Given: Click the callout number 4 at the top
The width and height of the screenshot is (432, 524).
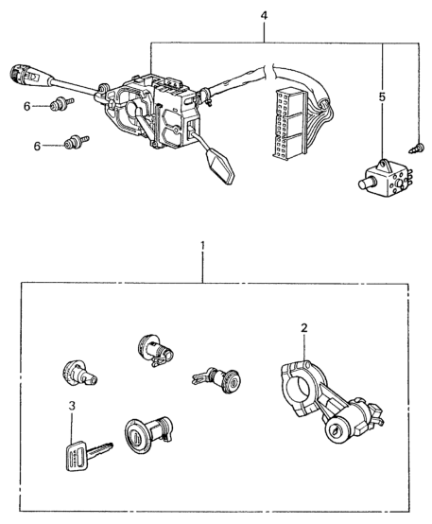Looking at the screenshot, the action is coord(264,16).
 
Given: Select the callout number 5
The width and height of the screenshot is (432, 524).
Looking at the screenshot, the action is coord(382,97).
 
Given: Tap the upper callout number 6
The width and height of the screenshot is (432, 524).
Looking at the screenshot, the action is coord(27,106).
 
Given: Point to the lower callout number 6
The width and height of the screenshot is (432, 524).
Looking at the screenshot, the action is coord(37,146).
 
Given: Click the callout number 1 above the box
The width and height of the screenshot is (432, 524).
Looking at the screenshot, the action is coord(202,247).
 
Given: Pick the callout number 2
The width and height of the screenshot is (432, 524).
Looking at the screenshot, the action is coord(303,328).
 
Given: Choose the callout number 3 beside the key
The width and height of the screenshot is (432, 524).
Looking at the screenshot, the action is coord(72,406).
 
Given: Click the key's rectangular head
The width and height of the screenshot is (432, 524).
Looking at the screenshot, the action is coord(77,456).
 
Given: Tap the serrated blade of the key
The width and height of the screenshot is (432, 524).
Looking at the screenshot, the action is coord(99,449).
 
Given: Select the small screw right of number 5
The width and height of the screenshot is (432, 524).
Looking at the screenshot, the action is coord(417,148).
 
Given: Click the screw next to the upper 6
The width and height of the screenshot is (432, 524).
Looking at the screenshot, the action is coord(61,103).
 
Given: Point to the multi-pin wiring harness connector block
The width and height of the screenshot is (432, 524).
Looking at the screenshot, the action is coord(290,124).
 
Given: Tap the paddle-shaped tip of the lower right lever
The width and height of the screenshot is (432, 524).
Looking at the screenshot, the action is coord(220,166).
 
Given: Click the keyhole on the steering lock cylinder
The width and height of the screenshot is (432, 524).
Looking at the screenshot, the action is coord(335,431).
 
